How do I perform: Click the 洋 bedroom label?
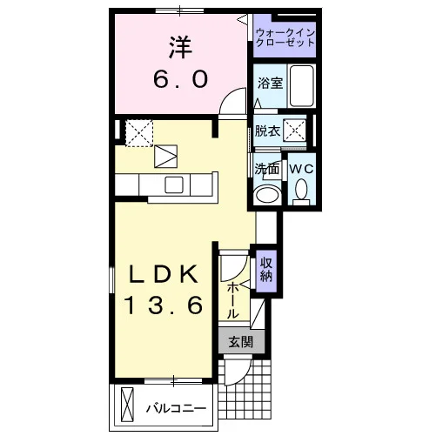181,48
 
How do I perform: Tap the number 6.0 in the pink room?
181,80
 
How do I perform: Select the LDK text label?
164,274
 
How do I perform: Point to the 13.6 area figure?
164,305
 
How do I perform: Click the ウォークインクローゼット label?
285,37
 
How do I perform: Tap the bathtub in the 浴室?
302,86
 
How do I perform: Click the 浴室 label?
270,84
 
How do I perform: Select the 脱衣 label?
267,131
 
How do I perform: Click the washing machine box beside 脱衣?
294,131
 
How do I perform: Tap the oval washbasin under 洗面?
266,196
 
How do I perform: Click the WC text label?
302,169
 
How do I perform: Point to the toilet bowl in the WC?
301,189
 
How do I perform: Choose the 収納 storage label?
266,270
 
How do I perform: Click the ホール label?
233,301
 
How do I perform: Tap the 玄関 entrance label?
241,342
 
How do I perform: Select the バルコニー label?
176,409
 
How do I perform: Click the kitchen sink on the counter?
174,184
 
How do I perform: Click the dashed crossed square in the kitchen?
139,134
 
